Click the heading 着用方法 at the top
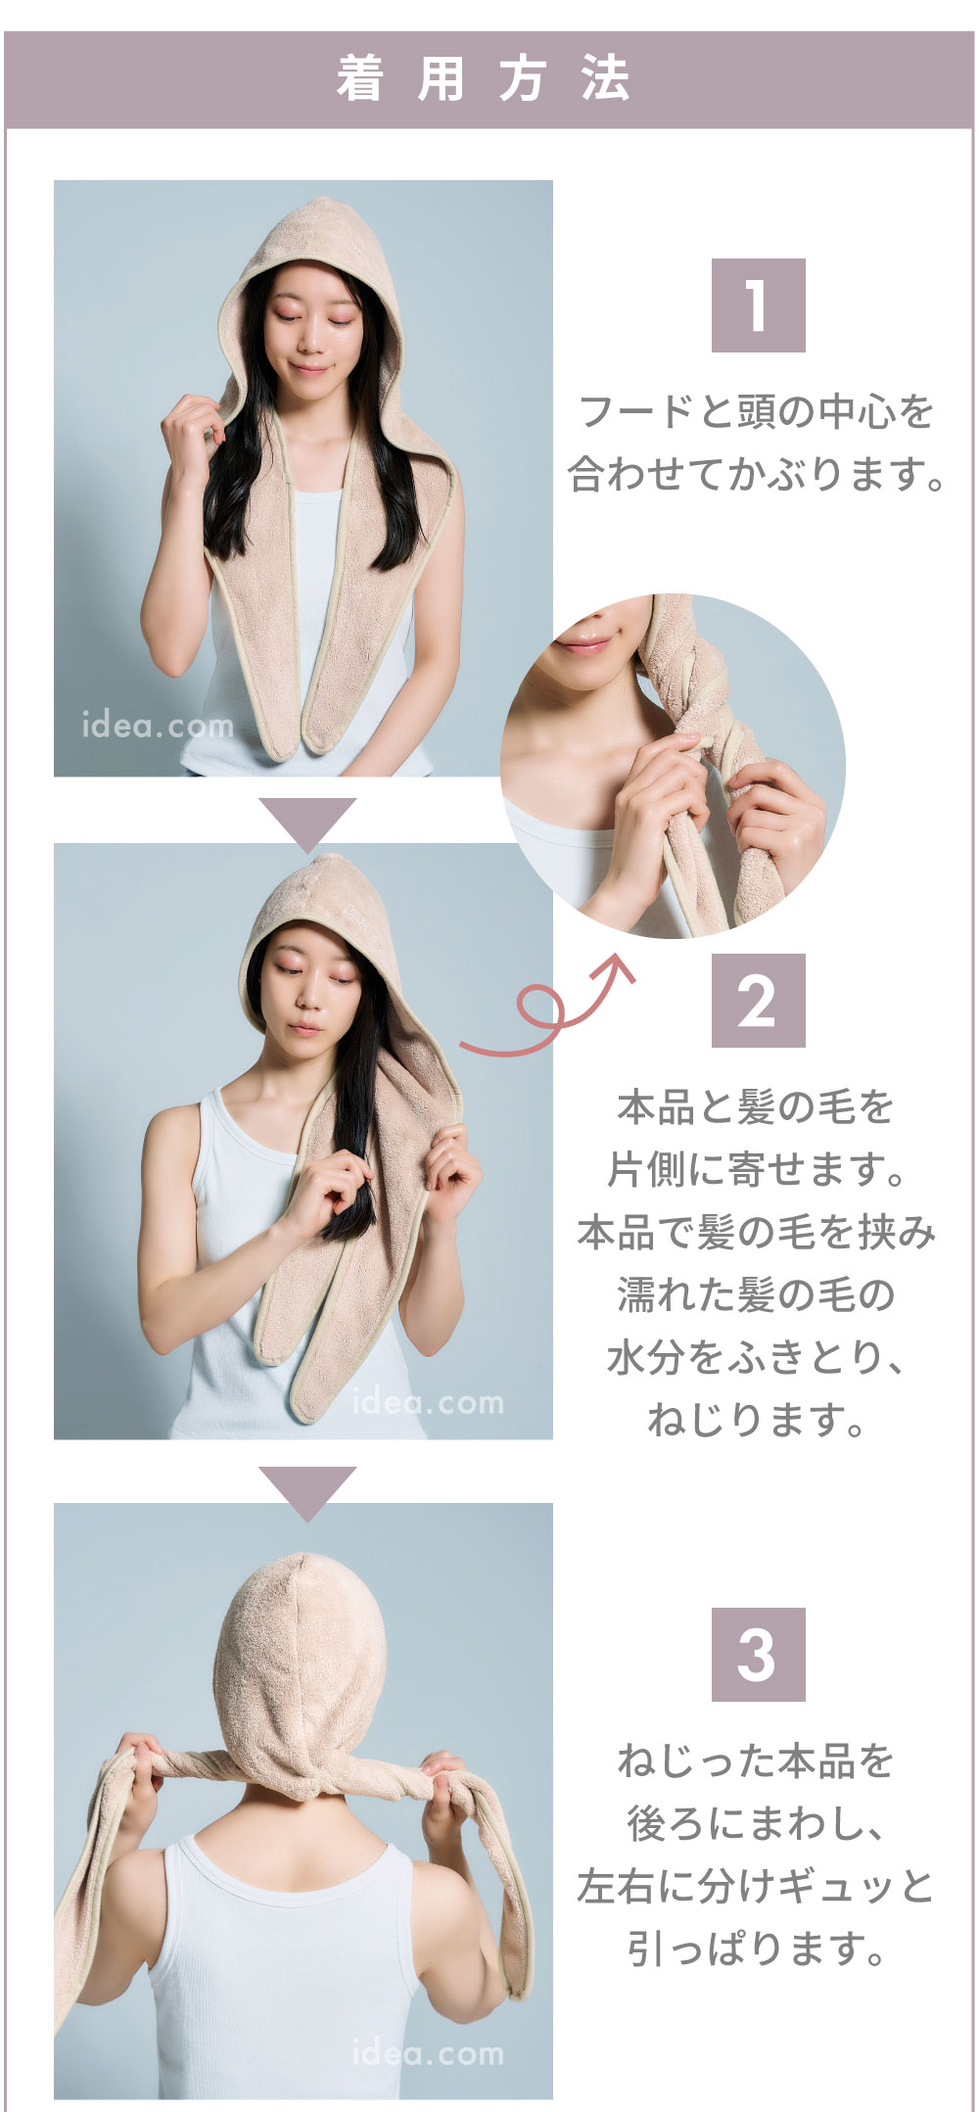pyautogui.click(x=484, y=79)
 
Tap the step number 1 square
pyautogui.click(x=758, y=305)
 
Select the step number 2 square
pyautogui.click(x=758, y=1001)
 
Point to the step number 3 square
pyautogui.click(x=758, y=1655)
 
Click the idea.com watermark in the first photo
pyautogui.click(x=158, y=726)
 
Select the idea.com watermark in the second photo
pyautogui.click(x=428, y=1402)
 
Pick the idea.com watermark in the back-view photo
pyautogui.click(x=428, y=2053)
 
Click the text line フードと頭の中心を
pyautogui.click(x=757, y=411)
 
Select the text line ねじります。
pyautogui.click(x=757, y=1419)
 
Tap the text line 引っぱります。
pyautogui.click(x=757, y=1948)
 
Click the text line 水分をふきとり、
pyautogui.click(x=757, y=1357)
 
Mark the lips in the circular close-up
pyautogui.click(x=583, y=643)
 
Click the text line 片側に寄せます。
pyautogui.click(x=757, y=1169)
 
